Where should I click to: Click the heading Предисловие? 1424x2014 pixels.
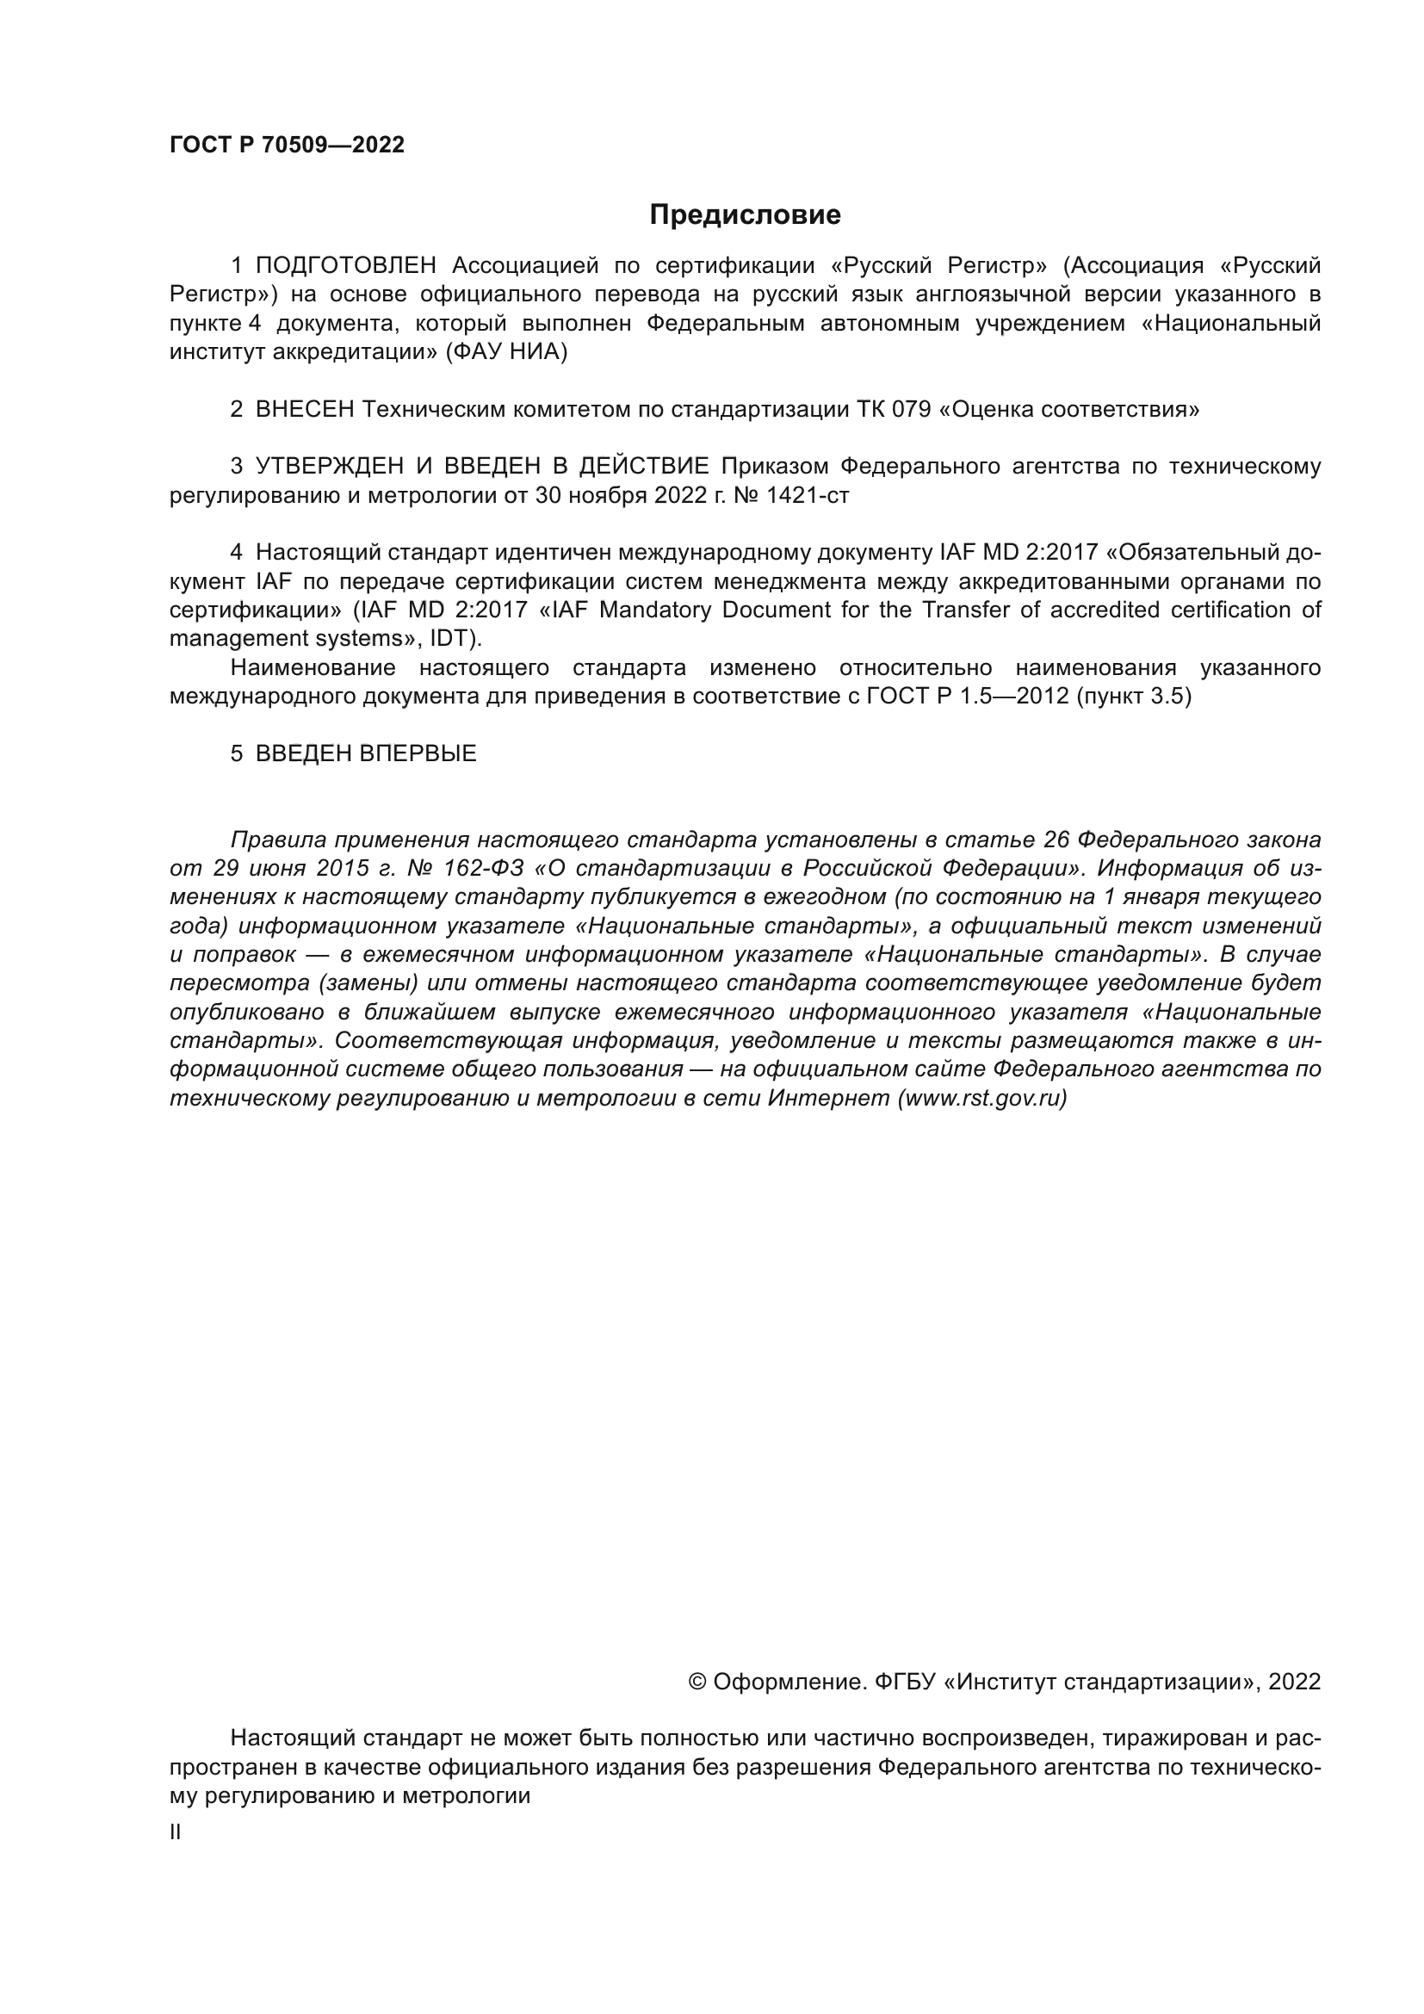point(745,215)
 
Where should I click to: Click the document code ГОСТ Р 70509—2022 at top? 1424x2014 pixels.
point(287,146)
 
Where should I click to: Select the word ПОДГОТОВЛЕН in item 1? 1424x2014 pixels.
point(345,266)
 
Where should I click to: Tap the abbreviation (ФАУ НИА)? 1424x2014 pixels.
point(506,353)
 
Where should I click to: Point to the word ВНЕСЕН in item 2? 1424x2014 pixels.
point(304,410)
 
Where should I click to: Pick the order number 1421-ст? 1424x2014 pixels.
point(808,496)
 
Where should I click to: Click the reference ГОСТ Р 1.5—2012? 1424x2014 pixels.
point(967,697)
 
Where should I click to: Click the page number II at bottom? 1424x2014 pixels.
point(176,1831)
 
